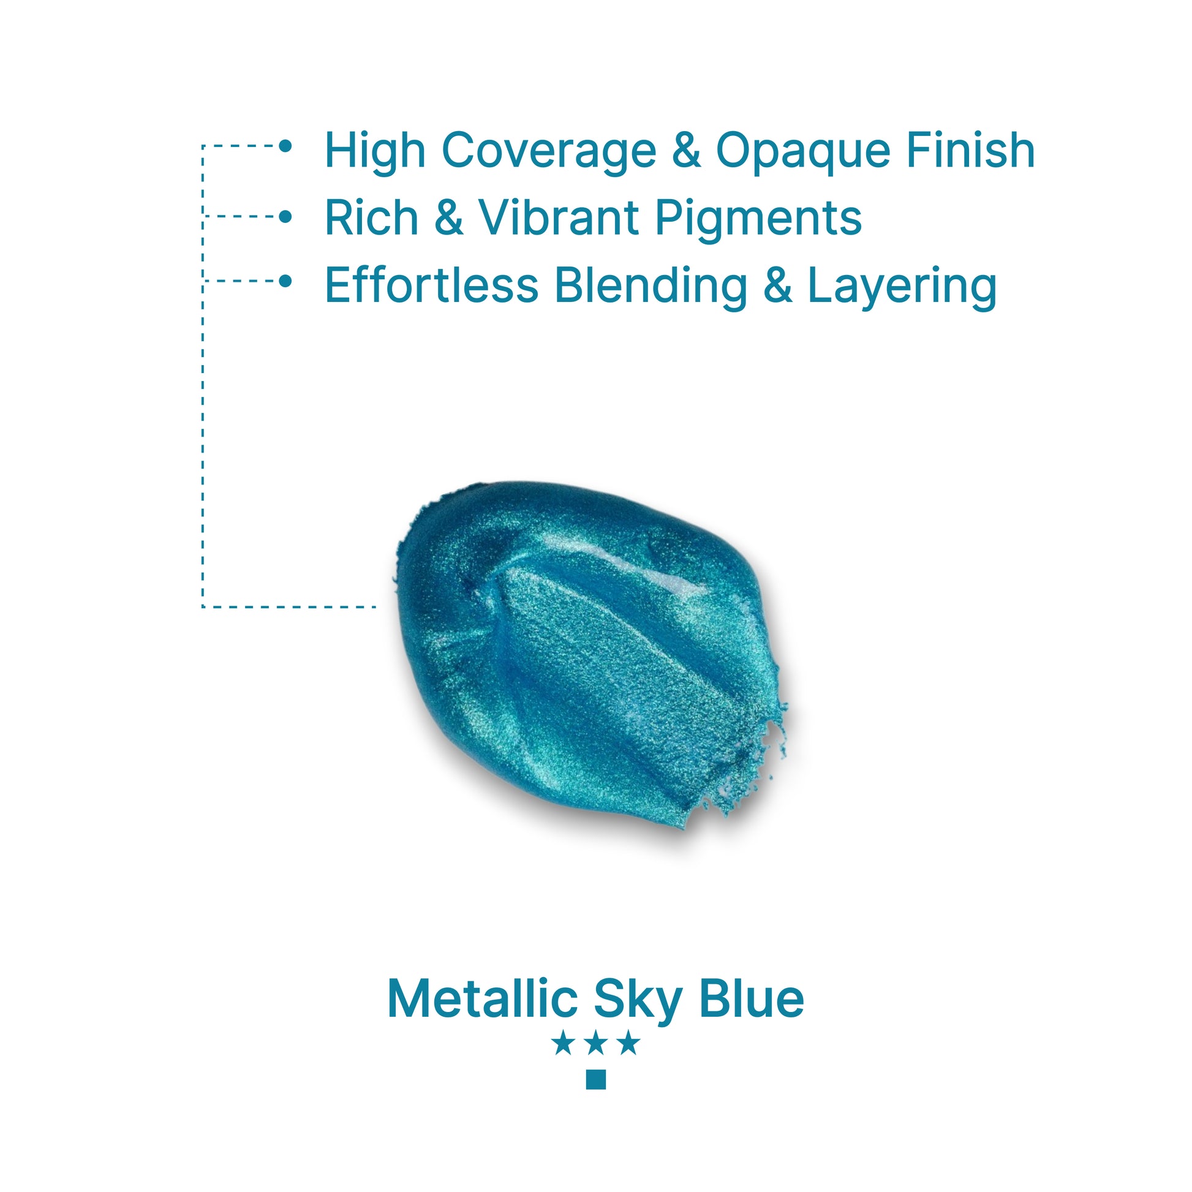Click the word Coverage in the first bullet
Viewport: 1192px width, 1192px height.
548,152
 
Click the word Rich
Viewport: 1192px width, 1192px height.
371,217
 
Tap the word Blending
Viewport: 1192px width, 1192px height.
651,287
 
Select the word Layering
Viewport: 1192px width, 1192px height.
902,287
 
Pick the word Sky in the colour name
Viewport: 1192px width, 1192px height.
636,1002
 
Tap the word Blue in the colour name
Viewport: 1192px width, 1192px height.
752,998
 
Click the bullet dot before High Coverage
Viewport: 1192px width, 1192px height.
285,146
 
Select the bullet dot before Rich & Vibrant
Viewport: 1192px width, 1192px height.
285,217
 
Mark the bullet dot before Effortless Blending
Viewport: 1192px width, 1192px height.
285,281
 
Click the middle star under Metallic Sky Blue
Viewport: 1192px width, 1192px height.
596,1043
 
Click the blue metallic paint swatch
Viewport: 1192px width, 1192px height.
589,654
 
